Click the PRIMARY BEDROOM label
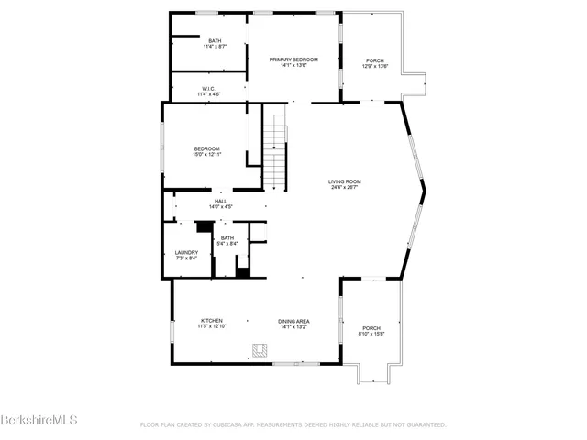point(293,60)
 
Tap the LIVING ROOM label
point(345,181)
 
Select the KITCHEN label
point(212,321)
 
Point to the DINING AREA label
point(293,321)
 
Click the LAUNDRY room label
point(186,253)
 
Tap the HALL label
point(220,201)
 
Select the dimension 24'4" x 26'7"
point(345,188)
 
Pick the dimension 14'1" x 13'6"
point(293,65)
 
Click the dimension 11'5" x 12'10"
point(212,326)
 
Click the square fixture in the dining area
point(260,349)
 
